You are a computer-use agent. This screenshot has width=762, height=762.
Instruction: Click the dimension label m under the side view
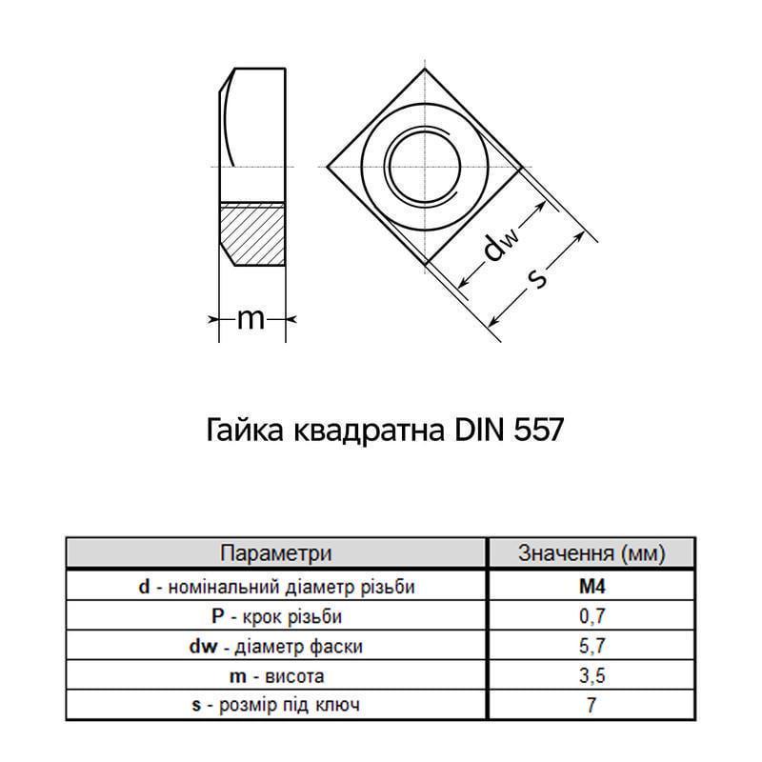pos(251,319)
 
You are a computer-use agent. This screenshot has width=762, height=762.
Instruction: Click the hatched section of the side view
pos(252,234)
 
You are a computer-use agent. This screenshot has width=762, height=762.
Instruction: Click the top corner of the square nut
pos(425,69)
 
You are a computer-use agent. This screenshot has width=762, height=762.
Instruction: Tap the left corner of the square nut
pos(327,168)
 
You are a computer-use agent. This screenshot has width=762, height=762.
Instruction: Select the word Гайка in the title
pos(245,431)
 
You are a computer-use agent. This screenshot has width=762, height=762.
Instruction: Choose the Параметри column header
pos(276,553)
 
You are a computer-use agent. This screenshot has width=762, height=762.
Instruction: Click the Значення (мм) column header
pos(592,553)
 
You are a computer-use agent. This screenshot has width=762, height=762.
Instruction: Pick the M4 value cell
pos(592,587)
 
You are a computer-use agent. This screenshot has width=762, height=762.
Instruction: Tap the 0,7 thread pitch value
pos(592,616)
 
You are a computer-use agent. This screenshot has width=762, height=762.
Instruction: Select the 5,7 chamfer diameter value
pos(592,646)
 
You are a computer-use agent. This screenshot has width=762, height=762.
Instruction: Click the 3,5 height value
pos(592,675)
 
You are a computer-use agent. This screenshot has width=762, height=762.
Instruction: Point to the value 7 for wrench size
pos(592,705)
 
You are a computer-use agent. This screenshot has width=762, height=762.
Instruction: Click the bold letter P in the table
pos(218,615)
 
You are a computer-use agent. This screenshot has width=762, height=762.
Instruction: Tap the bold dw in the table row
pos(203,646)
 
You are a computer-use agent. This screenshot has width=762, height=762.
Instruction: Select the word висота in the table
pos(294,676)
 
